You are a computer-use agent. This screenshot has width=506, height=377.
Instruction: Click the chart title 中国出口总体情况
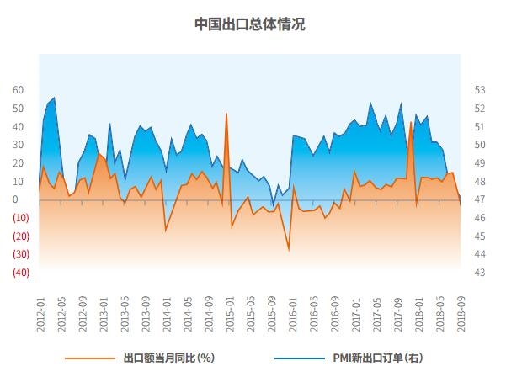coord(250,24)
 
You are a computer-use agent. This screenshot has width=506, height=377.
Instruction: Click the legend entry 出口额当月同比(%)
coord(168,358)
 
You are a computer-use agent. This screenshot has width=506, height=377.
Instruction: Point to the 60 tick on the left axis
coord(19,90)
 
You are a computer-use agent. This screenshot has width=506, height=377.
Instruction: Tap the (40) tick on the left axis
coord(20,273)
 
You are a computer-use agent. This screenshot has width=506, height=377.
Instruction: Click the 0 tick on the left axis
coord(16,200)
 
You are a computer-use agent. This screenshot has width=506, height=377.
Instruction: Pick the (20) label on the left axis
coord(20,236)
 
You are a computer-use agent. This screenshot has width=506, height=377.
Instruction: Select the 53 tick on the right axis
coord(480,90)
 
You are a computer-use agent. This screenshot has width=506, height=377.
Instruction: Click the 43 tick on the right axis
coord(480,273)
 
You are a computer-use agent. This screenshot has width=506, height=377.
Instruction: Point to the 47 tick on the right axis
coord(480,200)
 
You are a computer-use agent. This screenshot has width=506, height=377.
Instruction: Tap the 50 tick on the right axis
coord(480,145)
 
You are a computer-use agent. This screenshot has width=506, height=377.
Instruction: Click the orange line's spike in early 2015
coord(226,113)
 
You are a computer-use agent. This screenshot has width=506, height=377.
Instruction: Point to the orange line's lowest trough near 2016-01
coord(289,251)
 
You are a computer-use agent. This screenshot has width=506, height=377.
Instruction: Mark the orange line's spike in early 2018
coord(411,122)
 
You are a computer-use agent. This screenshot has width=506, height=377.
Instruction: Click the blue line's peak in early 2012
coord(55,98)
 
